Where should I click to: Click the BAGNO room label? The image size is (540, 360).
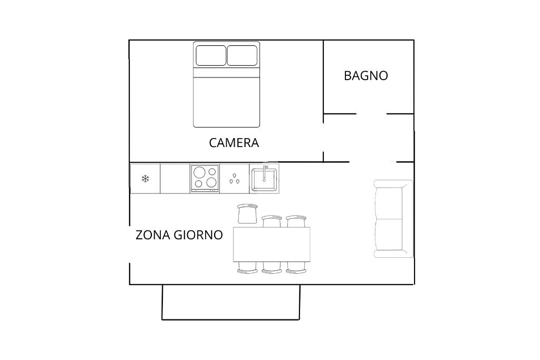(x=366, y=76)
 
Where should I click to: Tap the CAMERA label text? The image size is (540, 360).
(x=234, y=143)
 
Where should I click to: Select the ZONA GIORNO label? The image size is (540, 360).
(x=179, y=235)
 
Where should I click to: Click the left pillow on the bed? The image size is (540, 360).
(x=211, y=55)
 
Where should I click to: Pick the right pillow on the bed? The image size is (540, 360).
(x=242, y=55)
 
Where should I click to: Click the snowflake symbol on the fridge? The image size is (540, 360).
(x=146, y=179)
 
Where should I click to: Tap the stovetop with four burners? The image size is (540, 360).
(x=205, y=178)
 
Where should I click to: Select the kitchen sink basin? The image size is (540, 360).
(x=264, y=179)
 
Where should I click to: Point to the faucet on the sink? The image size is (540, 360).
(x=265, y=173)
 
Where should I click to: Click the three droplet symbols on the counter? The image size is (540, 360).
(x=235, y=179)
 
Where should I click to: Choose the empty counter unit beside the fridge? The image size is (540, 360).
(x=175, y=179)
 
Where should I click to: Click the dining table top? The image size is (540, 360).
(x=272, y=245)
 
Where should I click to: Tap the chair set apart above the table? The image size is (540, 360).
(x=247, y=213)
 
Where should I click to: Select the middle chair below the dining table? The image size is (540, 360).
(x=272, y=267)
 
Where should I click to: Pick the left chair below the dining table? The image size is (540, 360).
(x=247, y=267)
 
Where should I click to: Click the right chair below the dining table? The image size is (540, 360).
(x=296, y=267)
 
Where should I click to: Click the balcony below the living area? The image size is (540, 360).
(x=231, y=302)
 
